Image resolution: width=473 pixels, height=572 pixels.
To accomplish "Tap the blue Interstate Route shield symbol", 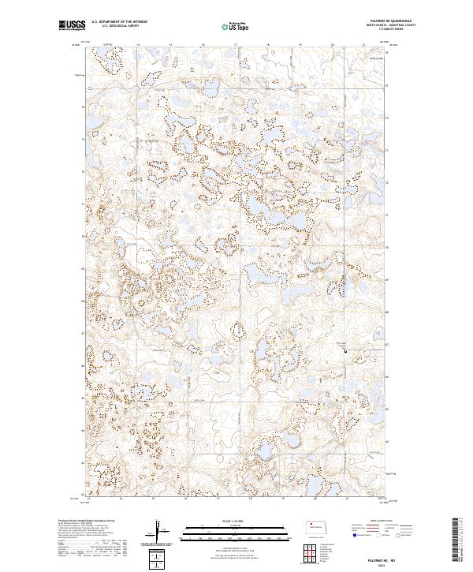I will pos(352,534).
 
